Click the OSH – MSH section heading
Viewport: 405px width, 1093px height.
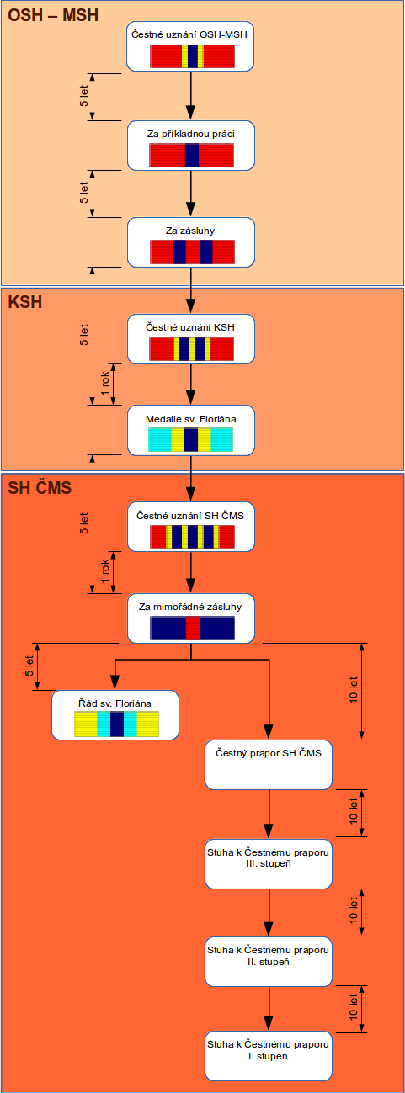[x=53, y=15]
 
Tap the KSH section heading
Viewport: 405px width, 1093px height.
[x=25, y=302]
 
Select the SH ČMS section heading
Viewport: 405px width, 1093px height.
[x=40, y=487]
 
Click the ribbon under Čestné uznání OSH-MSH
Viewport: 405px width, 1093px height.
[x=192, y=56]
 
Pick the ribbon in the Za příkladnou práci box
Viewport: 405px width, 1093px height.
[x=191, y=156]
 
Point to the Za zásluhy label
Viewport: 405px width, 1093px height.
[x=190, y=231]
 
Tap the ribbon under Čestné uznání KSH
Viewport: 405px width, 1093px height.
[x=191, y=349]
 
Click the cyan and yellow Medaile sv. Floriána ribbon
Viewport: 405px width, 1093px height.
[x=190, y=439]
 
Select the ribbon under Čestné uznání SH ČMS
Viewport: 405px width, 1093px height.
[x=192, y=537]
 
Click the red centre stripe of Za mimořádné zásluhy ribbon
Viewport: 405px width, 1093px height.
[x=193, y=628]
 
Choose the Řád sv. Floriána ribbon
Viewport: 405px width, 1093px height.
[x=117, y=724]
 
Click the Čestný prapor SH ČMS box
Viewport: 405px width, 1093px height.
[x=269, y=765]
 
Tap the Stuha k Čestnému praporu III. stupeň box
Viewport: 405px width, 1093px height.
[x=269, y=864]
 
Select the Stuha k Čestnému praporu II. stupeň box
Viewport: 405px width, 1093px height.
[x=269, y=962]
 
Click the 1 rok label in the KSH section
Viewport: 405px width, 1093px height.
[x=105, y=384]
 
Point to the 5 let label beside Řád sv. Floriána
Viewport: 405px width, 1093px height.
[x=29, y=666]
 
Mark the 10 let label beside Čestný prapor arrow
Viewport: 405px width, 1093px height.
[x=354, y=690]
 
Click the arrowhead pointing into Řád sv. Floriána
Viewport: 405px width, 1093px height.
[x=115, y=683]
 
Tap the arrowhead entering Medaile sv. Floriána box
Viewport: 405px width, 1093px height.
[x=191, y=398]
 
